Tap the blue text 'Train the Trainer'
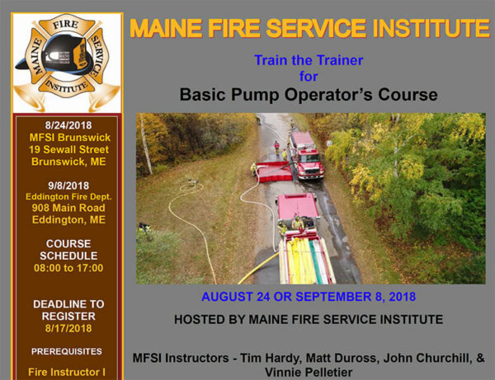308,60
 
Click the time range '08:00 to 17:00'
68,268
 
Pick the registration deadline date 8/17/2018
68,328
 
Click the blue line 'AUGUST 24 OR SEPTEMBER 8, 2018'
308,296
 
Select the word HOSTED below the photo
201,319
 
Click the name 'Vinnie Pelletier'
308,372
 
